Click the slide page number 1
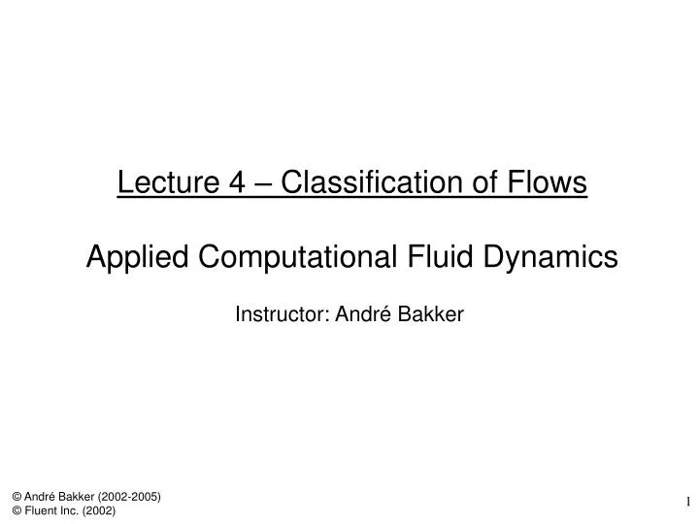688,502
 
